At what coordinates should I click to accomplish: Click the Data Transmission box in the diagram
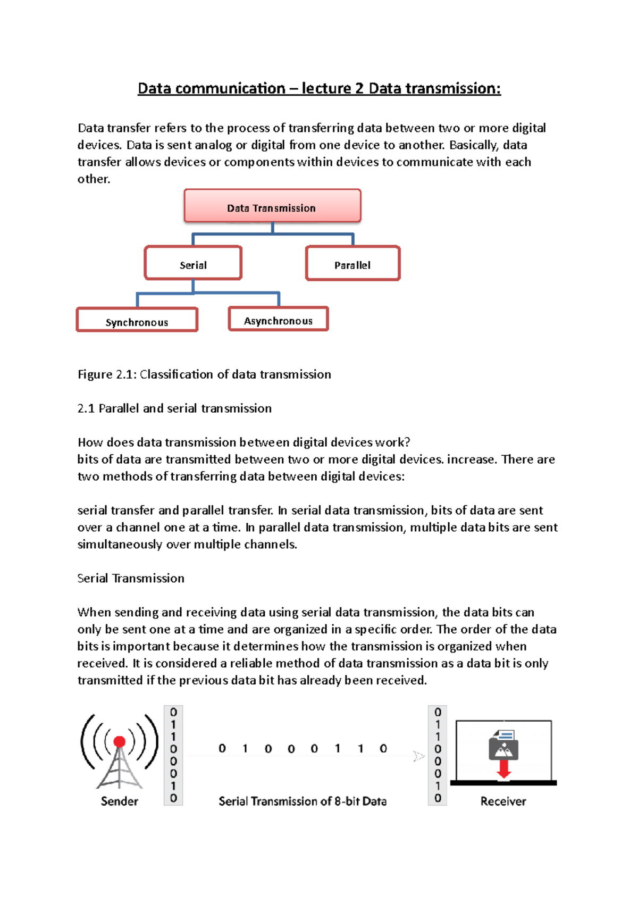(272, 206)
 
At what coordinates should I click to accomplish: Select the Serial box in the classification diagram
(193, 263)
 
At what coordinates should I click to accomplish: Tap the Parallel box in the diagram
(352, 263)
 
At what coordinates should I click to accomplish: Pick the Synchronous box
(137, 320)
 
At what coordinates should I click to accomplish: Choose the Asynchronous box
(278, 319)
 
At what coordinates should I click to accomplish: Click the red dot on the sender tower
(120, 741)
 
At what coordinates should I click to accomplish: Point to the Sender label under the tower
(120, 801)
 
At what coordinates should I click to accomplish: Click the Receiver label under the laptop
(503, 801)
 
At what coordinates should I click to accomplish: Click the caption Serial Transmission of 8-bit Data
(303, 801)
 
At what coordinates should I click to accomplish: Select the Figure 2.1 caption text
(204, 374)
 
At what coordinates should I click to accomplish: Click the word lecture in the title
(326, 88)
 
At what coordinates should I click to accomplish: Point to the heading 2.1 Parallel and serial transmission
(174, 408)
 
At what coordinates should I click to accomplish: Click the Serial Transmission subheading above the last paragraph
(131, 578)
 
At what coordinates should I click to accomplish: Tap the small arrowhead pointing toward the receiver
(419, 756)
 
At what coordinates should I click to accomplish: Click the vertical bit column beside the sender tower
(173, 755)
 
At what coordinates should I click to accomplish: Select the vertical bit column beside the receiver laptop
(438, 755)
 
